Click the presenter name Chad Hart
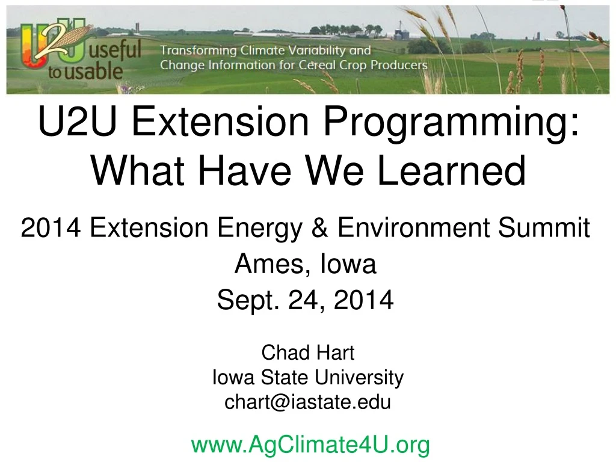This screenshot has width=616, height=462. click(x=307, y=353)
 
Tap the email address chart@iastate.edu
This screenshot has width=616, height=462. click(x=307, y=402)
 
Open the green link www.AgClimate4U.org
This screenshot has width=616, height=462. click(x=310, y=445)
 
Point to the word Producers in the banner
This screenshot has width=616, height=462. click(x=399, y=65)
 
